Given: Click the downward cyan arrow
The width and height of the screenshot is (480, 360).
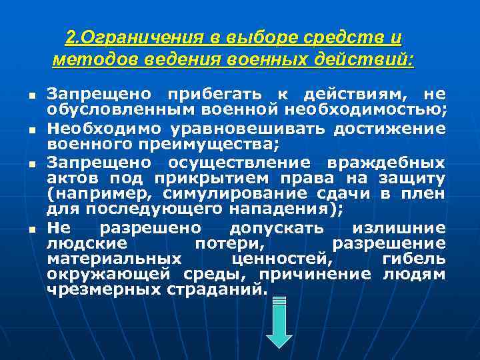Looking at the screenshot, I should [279, 323].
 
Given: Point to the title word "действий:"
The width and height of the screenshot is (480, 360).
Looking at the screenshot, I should [372, 60].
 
